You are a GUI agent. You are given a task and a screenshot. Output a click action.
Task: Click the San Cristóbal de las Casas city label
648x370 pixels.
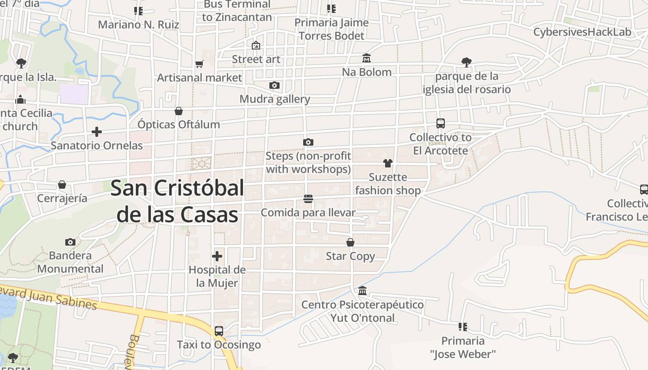[x=177, y=201]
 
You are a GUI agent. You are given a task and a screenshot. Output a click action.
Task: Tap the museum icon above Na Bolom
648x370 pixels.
[x=367, y=58]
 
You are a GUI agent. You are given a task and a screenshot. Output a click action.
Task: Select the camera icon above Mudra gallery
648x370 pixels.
[x=274, y=85]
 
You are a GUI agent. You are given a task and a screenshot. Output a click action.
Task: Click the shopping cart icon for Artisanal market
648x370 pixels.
[x=199, y=64]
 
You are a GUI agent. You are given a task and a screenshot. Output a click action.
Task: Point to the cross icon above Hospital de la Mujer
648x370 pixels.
[x=217, y=256]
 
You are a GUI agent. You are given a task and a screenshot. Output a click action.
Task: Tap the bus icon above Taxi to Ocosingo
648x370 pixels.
[x=219, y=331]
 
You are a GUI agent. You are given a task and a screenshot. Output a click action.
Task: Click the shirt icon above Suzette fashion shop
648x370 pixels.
[x=387, y=163]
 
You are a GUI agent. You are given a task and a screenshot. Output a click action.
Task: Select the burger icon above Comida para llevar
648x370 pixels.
[x=308, y=199]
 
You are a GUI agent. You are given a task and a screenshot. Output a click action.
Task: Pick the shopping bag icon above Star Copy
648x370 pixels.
[x=350, y=242]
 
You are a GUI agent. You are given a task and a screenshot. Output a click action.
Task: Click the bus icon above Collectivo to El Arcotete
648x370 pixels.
[x=441, y=123]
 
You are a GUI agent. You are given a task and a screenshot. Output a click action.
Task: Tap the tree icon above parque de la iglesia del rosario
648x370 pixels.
[x=467, y=62]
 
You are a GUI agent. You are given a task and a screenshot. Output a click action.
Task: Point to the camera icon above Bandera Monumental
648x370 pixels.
[x=70, y=242]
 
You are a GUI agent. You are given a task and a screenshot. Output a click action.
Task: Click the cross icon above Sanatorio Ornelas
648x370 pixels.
[x=97, y=132]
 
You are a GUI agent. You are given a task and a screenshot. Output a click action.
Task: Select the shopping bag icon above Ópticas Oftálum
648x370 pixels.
[x=179, y=111]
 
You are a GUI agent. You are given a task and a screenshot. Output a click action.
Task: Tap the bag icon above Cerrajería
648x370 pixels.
[x=62, y=185]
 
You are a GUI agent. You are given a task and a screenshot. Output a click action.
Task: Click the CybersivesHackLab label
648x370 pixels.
[x=582, y=32]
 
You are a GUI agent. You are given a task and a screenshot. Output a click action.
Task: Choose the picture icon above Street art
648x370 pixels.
[x=256, y=45]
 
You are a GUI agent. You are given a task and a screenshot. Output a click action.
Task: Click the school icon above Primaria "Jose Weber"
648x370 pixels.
[x=462, y=327]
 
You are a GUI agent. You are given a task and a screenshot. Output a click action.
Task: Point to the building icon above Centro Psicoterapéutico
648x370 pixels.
[x=362, y=291]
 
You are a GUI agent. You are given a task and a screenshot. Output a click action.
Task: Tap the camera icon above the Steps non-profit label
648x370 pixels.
[x=308, y=142]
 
